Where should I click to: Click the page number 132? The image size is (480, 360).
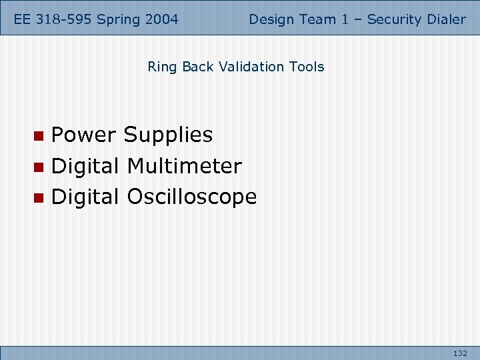coord(460,353)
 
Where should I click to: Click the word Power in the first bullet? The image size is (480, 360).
coord(85,135)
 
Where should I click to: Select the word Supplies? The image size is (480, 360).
coord(168,135)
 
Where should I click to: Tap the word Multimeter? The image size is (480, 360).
coord(184,165)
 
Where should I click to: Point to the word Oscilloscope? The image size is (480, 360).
coord(191,197)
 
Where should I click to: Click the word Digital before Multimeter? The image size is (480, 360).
coord(85,165)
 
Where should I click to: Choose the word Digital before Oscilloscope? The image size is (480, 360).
coord(85,197)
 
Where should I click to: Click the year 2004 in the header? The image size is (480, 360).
coord(161,19)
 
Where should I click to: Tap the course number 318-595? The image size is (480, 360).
coord(65,19)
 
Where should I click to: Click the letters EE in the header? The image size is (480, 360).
coord(25,19)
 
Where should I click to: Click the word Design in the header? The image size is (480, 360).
coord(271,19)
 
